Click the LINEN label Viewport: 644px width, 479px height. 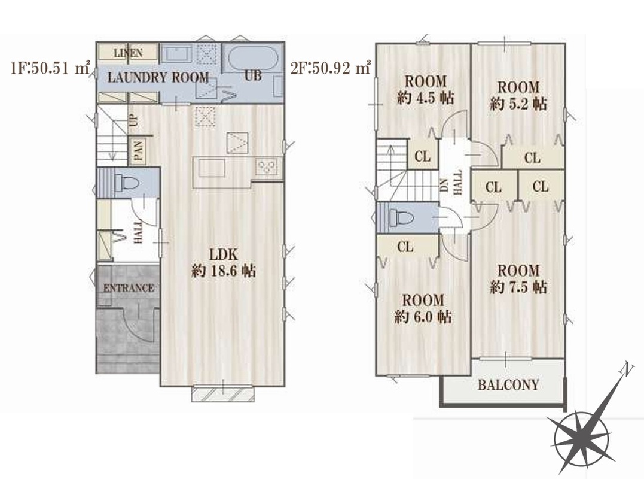tap(128, 53)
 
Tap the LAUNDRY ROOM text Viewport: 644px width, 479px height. tap(158, 77)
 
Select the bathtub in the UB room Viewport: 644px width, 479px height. tap(252, 58)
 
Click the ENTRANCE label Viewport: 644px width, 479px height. tap(129, 288)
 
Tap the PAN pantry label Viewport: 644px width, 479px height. tap(138, 150)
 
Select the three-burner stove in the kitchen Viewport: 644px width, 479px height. tap(267, 167)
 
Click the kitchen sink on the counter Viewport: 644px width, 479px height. tap(212, 168)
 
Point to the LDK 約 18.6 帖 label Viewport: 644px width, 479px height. tap(224, 263)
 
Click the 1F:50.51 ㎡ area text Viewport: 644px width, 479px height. tap(50, 68)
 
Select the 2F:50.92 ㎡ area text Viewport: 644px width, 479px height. tap(331, 68)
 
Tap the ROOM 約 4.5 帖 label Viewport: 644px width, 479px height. tap(426, 89)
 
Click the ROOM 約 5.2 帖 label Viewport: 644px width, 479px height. tap(518, 95)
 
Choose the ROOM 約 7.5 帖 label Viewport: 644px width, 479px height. tap(518, 279)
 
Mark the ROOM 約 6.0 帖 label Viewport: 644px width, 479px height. tap(423, 308)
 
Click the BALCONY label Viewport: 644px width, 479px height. tap(508, 385)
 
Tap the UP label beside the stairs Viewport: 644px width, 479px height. tap(133, 120)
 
